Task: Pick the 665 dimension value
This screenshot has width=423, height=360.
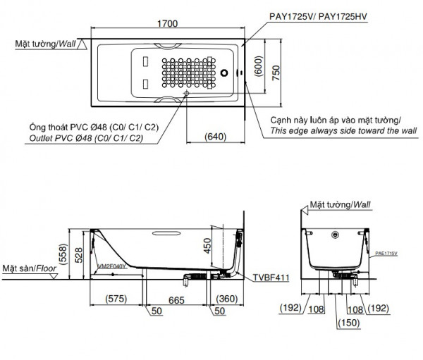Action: [177, 299]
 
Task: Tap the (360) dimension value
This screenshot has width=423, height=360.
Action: [228, 298]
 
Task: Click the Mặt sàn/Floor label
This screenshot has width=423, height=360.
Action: [29, 269]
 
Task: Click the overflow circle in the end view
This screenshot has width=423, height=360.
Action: [336, 235]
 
